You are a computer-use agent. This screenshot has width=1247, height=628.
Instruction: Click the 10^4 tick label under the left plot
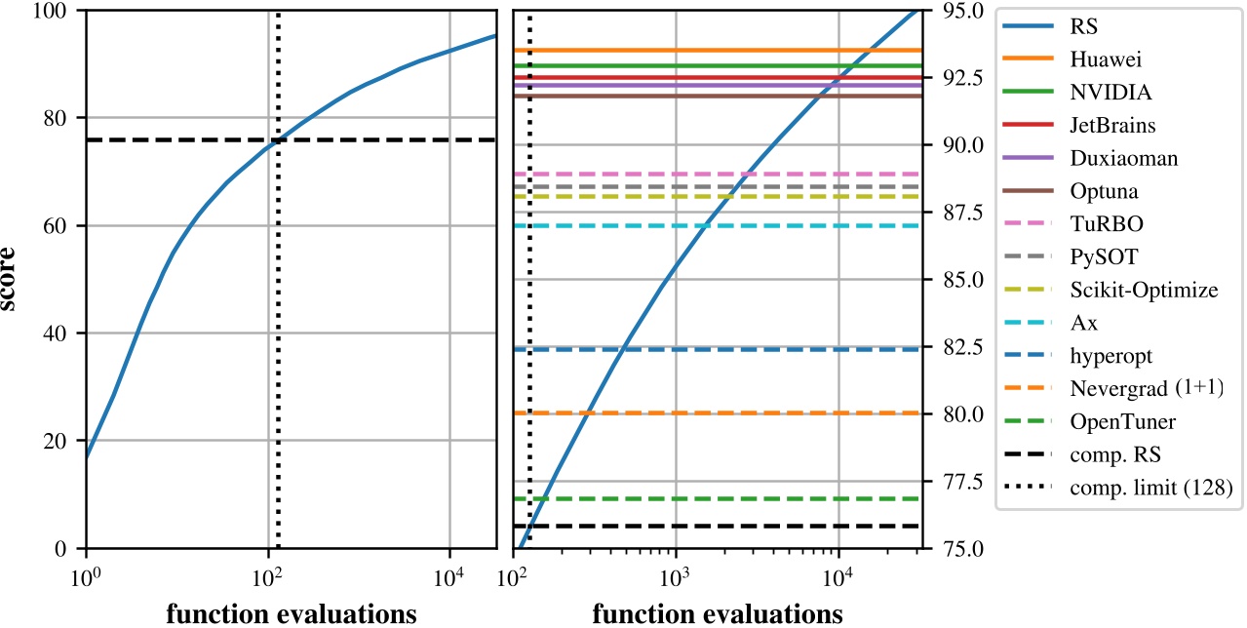click(x=449, y=575)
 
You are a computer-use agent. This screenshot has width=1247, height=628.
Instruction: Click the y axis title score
click(x=17, y=280)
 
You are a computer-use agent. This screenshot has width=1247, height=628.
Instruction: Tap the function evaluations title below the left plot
click(x=292, y=613)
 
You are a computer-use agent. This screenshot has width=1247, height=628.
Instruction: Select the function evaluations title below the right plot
click(x=718, y=613)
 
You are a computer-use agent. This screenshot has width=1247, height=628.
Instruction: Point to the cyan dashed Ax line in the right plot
click(x=780, y=225)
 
